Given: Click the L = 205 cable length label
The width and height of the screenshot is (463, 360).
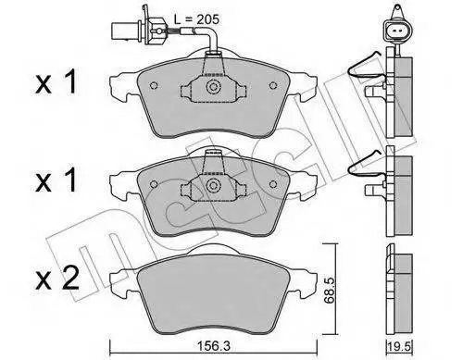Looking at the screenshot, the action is pos(196,19).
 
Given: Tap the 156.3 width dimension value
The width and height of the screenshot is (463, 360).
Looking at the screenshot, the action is pos(214,347).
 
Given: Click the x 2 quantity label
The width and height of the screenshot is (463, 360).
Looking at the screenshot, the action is pos(56,279).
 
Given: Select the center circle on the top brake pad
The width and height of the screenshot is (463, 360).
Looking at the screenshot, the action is pos(213,87).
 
